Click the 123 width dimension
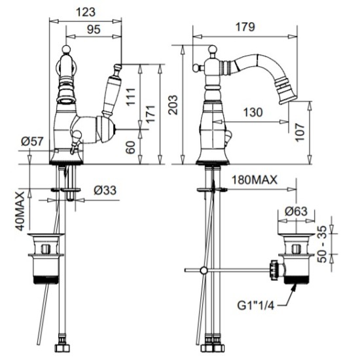(x=85, y=12)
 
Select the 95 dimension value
(x=94, y=29)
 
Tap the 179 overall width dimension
(x=245, y=27)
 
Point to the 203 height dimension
(x=173, y=105)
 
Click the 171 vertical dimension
(x=151, y=114)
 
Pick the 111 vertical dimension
(x=131, y=96)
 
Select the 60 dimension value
(x=130, y=147)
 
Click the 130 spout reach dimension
(x=253, y=113)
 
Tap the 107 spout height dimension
(x=300, y=132)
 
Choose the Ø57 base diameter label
(x=32, y=141)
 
